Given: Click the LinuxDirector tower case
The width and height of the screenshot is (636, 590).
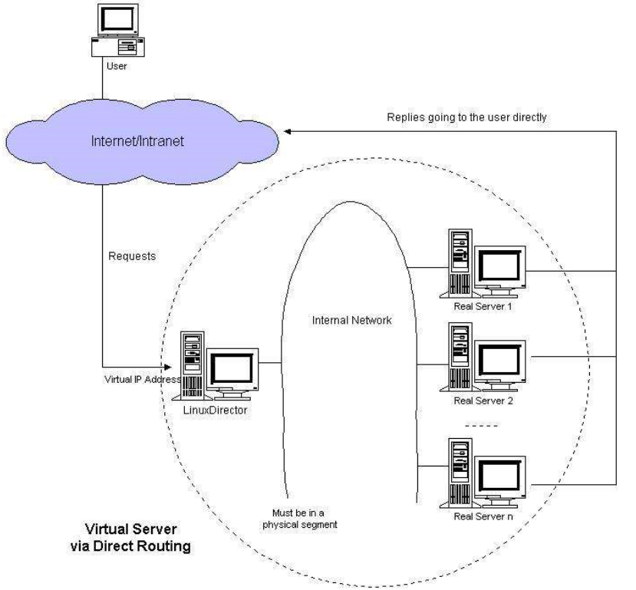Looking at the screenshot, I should [x=192, y=364].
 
